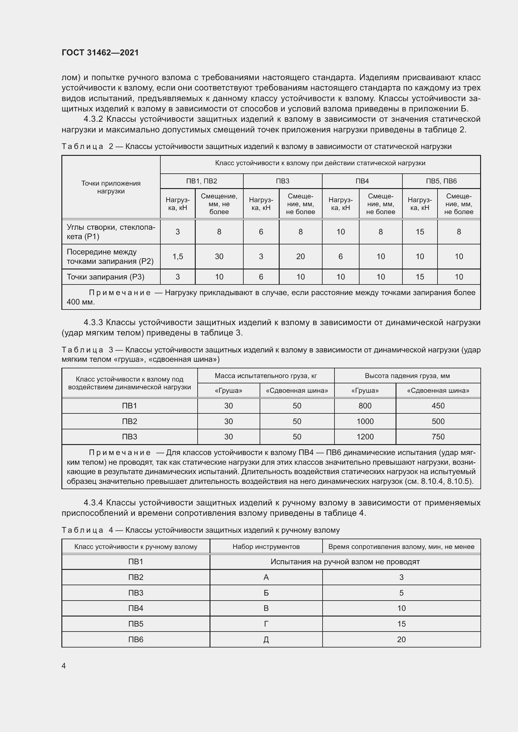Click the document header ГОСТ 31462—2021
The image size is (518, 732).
coord(100,53)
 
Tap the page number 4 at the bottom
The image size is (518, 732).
coord(64,666)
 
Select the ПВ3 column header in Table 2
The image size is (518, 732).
coord(282,181)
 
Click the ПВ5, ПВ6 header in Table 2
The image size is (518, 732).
coord(441,181)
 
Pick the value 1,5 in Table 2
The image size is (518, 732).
coord(178,256)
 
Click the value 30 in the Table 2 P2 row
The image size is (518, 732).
coord(219,256)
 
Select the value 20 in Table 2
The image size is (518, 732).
coord(300,256)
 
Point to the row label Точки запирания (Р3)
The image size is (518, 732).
coord(106,277)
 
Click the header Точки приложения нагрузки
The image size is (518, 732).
coord(111,187)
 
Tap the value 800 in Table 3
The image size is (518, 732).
coord(365,406)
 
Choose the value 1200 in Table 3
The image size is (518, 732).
coord(365,437)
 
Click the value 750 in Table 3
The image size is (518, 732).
coord(438,437)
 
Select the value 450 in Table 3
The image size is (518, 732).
coord(438,406)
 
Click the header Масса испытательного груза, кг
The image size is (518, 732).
coord(266,376)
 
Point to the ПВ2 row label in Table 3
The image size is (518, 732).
coord(130,421)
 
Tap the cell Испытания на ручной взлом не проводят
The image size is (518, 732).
coord(345,561)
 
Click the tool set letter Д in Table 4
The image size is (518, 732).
coord(266,639)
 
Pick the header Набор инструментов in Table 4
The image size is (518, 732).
coord(266,546)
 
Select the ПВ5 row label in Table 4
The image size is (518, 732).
coord(136,624)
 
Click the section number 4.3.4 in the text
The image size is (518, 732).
coord(93,503)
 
